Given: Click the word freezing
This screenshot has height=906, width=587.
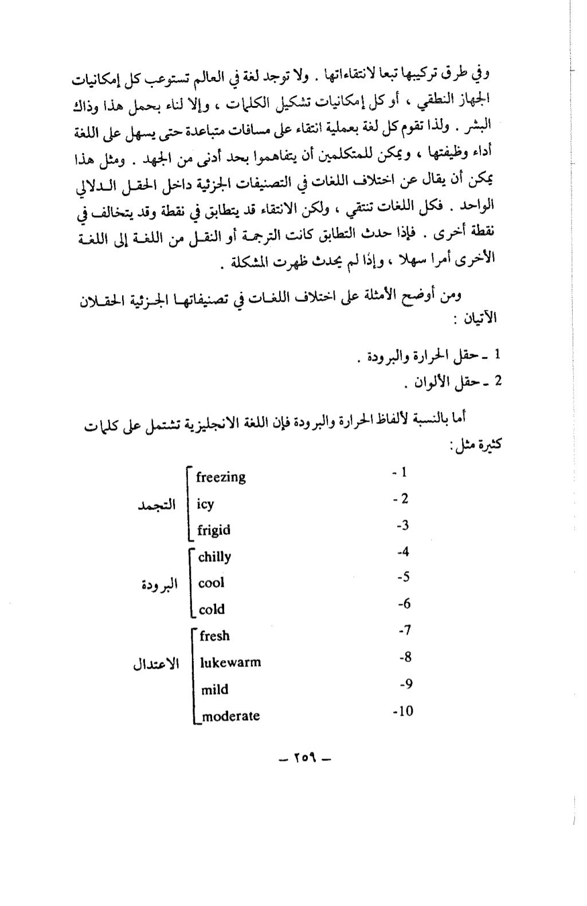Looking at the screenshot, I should pyautogui.click(x=221, y=477).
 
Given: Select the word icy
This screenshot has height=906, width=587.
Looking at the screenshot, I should pyautogui.click(x=205, y=505).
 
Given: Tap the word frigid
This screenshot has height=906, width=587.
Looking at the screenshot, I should pyautogui.click(x=213, y=530).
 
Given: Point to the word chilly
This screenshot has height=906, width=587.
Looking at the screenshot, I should pyautogui.click(x=214, y=557).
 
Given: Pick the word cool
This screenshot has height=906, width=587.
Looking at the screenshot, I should pyautogui.click(x=211, y=583).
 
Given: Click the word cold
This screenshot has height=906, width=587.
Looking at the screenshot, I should pyautogui.click(x=212, y=610).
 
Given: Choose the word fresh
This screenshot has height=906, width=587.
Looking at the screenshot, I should pyautogui.click(x=214, y=636).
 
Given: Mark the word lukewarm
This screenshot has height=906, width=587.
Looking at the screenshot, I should pyautogui.click(x=230, y=662).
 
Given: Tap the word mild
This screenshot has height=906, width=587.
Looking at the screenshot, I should pyautogui.click(x=214, y=689).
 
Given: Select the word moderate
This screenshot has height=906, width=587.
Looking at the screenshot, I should pyautogui.click(x=230, y=716).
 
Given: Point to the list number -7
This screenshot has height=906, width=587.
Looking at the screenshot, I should pyautogui.click(x=404, y=631).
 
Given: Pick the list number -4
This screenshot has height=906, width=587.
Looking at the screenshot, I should pyautogui.click(x=403, y=552).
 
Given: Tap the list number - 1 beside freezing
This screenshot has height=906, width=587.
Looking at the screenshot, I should pyautogui.click(x=400, y=472).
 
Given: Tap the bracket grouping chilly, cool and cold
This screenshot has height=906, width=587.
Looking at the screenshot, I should pyautogui.click(x=190, y=583).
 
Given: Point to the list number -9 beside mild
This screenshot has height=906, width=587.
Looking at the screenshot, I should pyautogui.click(x=406, y=684).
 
